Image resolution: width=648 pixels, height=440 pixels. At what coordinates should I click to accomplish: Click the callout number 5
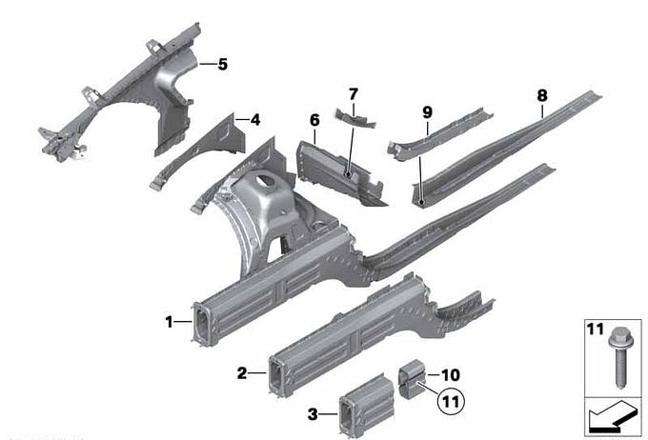click(x=223, y=65)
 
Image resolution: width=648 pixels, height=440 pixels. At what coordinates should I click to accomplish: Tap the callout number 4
click(x=255, y=120)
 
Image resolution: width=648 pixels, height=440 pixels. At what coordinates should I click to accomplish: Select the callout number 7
click(x=353, y=94)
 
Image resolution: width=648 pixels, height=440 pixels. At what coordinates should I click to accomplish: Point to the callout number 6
click(x=314, y=121)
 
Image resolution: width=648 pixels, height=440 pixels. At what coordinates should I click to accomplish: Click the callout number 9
click(x=427, y=112)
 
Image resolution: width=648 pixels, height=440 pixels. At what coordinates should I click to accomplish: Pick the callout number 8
click(x=542, y=96)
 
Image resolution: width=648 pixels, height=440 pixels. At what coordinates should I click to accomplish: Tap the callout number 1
click(x=169, y=322)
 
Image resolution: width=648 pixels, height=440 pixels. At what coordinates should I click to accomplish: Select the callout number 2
click(x=242, y=373)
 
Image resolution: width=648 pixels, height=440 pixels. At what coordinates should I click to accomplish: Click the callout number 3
click(x=313, y=413)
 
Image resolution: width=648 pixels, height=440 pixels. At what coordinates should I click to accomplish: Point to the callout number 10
click(x=451, y=375)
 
